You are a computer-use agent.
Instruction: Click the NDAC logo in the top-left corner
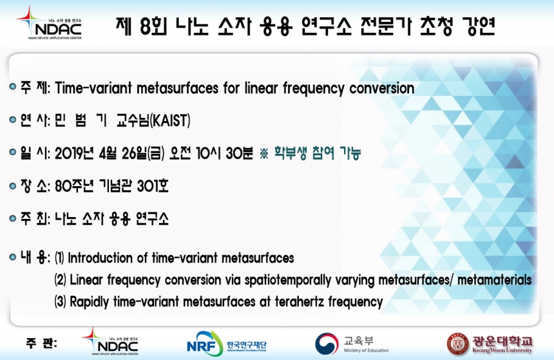pyautogui.click(x=50, y=23)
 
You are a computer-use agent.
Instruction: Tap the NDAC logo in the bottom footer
pyautogui.click(x=110, y=341)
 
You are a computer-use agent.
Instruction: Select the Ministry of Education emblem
pyautogui.click(x=327, y=343)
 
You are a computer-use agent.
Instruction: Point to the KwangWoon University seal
pyautogui.click(x=457, y=344)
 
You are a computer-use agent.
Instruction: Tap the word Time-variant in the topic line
pyautogui.click(x=93, y=88)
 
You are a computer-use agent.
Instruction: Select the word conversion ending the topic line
pyautogui.click(x=381, y=88)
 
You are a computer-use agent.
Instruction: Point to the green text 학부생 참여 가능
pyautogui.click(x=318, y=153)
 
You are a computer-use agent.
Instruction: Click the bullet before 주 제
pyautogui.click(x=13, y=86)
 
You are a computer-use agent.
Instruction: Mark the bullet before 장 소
pyautogui.click(x=13, y=185)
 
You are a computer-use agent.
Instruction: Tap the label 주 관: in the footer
pyautogui.click(x=41, y=343)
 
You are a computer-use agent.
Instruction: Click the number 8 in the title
pyautogui.click(x=145, y=26)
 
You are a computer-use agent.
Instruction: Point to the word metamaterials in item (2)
pyautogui.click(x=494, y=279)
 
